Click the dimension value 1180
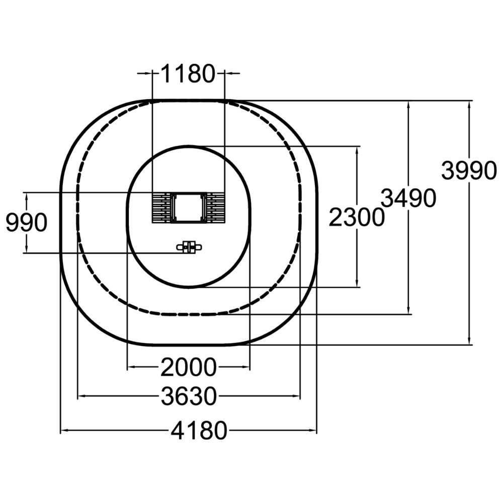[188, 74]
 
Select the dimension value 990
[27, 223]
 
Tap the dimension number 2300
[357, 217]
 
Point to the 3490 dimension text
[408, 198]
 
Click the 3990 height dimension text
[469, 170]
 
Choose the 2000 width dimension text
[189, 367]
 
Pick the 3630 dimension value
[189, 396]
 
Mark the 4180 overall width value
[199, 431]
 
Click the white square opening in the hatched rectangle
[188, 207]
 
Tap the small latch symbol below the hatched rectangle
[189, 247]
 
